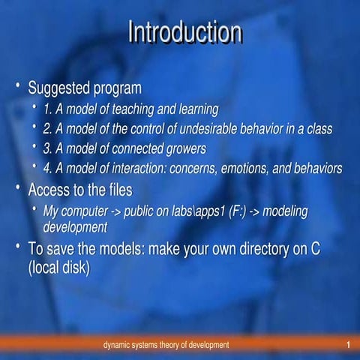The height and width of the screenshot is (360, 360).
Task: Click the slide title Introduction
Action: [184, 33]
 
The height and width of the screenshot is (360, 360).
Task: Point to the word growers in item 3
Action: [184, 148]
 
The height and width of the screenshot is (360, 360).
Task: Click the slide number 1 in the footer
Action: [349, 344]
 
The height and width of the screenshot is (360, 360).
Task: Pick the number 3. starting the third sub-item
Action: [48, 148]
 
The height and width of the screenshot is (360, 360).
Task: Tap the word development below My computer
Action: [75, 226]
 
